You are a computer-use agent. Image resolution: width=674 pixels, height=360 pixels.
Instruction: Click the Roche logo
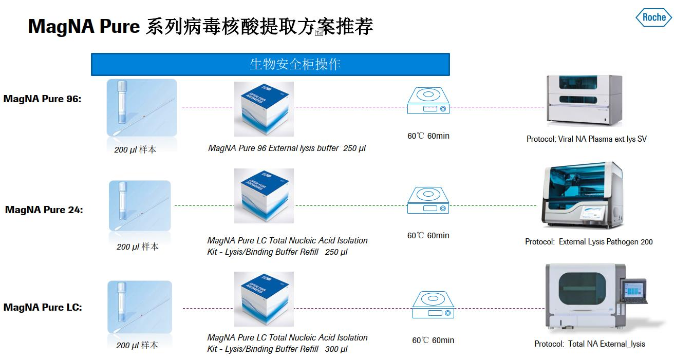[x=653, y=17]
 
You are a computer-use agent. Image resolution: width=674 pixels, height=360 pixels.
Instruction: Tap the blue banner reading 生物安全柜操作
[x=270, y=64]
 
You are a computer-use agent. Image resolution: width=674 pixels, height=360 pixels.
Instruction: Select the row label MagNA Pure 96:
[x=43, y=99]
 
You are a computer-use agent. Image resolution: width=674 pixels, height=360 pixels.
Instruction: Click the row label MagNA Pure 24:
[x=44, y=210]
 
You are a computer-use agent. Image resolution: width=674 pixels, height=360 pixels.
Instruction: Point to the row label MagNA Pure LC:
[x=43, y=307]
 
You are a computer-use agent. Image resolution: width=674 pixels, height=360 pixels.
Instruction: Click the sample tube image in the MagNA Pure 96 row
[x=141, y=108]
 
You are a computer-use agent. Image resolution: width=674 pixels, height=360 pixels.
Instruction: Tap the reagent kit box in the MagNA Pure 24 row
[x=264, y=196]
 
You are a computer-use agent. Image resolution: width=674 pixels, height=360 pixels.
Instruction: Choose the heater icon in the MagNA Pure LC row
[x=433, y=305]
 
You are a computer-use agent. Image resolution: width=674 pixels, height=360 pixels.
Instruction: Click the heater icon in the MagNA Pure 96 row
[x=428, y=101]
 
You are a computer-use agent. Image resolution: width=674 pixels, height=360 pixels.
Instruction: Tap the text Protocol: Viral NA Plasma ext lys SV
[x=586, y=139]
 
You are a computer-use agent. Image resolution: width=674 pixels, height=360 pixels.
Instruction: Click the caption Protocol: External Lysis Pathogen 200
[x=589, y=241]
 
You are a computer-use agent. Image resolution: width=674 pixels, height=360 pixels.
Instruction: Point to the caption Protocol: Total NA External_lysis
[x=589, y=344]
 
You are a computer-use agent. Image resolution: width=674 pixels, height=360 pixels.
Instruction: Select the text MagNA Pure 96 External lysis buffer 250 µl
[x=287, y=148]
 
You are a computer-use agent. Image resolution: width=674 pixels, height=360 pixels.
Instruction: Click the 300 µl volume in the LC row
[x=336, y=349]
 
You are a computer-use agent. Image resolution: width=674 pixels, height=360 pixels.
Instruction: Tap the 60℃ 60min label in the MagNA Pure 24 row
[x=428, y=235]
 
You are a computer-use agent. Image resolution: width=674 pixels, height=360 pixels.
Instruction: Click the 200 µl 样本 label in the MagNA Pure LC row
[x=137, y=345]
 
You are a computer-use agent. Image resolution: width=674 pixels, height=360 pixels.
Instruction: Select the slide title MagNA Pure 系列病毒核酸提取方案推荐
[x=200, y=26]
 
